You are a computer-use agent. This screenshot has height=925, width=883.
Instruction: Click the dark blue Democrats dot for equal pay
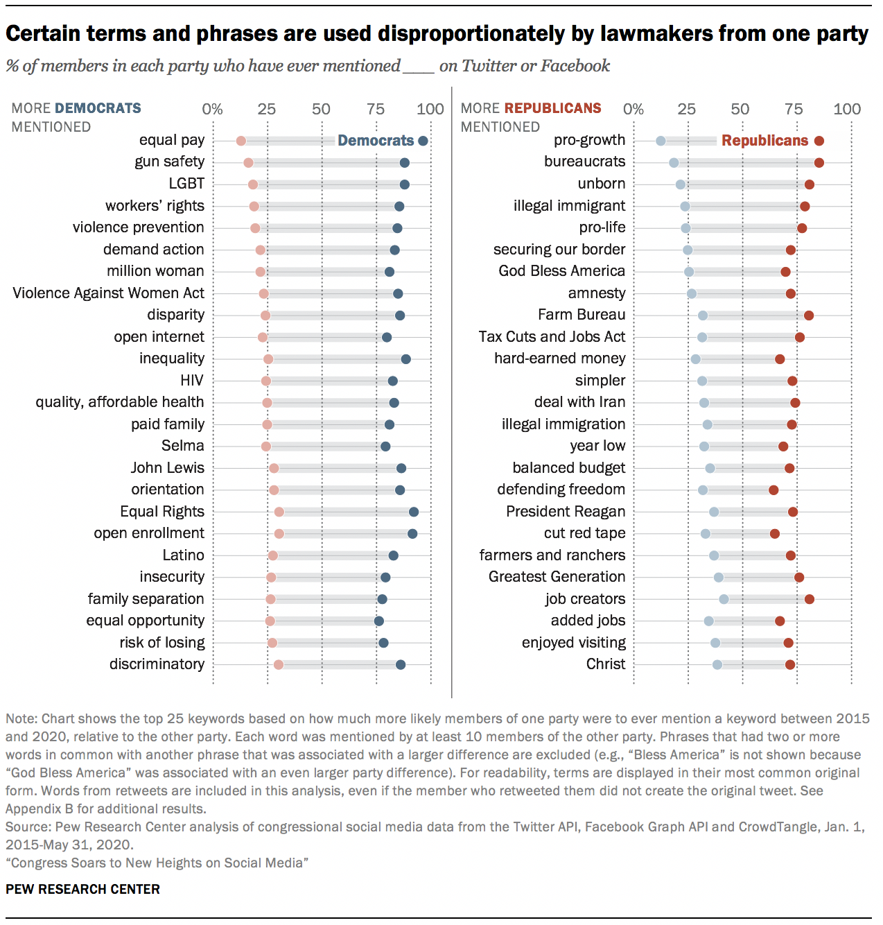point(423,141)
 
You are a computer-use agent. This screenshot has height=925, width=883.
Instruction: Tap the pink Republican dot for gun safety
point(248,163)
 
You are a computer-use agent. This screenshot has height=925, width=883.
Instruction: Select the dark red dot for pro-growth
point(819,141)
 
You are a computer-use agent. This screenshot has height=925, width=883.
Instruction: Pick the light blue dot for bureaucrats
point(674,163)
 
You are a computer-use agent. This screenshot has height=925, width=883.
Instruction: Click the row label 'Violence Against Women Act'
point(108,293)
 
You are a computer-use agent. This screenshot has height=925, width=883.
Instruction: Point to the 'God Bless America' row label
point(561,271)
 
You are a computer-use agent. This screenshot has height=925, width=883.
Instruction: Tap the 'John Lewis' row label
point(167,468)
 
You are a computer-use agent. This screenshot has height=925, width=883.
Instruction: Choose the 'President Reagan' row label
point(565,512)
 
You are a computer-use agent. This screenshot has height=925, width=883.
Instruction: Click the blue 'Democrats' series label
point(376,141)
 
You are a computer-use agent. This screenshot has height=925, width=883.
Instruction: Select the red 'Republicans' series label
point(764,141)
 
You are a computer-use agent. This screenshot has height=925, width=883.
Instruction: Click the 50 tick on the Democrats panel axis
point(321,109)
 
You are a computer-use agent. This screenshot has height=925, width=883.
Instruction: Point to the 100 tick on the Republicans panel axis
point(847,109)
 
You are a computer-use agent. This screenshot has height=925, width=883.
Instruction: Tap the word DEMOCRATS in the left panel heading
point(98,108)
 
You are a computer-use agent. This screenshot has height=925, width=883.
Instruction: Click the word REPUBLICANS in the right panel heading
point(552,108)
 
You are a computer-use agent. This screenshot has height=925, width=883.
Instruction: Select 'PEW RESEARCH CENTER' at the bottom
point(82,889)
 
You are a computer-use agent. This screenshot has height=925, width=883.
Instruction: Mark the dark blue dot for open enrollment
point(412,534)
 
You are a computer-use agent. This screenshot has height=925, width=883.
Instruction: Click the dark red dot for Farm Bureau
point(809,315)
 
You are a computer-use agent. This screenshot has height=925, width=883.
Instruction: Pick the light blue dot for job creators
point(724,599)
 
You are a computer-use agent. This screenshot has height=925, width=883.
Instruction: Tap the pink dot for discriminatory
point(279,665)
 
